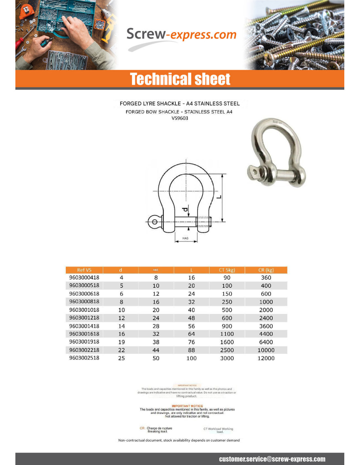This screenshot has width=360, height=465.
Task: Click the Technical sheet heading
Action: click(180, 79)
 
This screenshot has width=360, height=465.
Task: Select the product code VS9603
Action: click(180, 118)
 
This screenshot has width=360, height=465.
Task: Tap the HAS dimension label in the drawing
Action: click(185, 238)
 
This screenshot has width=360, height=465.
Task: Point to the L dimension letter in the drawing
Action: click(219, 197)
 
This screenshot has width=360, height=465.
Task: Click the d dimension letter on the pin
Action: click(185, 209)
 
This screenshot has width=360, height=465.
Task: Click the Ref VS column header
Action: click(84, 270)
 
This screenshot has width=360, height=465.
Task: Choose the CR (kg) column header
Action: click(266, 270)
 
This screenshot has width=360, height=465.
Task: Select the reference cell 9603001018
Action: click(84, 310)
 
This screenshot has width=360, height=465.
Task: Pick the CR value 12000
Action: click(266, 358)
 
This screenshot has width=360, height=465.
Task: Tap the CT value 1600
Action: click(227, 342)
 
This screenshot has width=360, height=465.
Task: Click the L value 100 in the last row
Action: click(191, 358)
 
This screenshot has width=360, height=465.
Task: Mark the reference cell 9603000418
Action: click(84, 278)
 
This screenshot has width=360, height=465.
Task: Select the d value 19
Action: click(121, 342)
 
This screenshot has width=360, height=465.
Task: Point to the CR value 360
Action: click(266, 278)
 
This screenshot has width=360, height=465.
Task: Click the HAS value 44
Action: click(156, 350)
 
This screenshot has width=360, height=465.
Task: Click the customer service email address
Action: click(272, 459)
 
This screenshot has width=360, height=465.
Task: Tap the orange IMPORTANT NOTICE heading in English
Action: click(187, 406)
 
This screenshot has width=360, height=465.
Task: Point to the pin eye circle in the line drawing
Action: click(154, 222)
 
